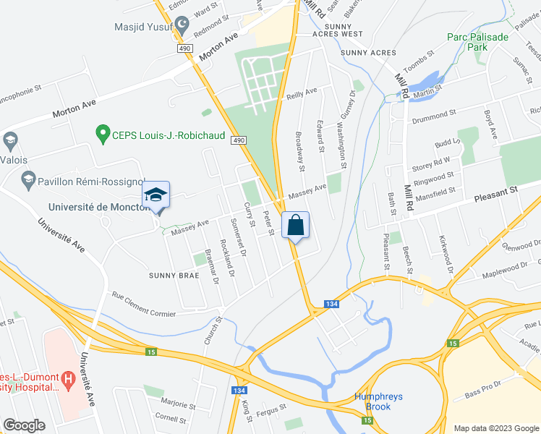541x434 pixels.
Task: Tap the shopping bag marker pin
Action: [296, 225]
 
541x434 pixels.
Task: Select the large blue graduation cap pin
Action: [156, 195]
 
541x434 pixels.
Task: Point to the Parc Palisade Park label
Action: [477, 41]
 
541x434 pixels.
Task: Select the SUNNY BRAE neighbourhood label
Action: [174, 276]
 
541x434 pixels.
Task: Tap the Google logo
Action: [24, 425]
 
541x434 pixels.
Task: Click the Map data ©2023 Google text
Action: [496, 427]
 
